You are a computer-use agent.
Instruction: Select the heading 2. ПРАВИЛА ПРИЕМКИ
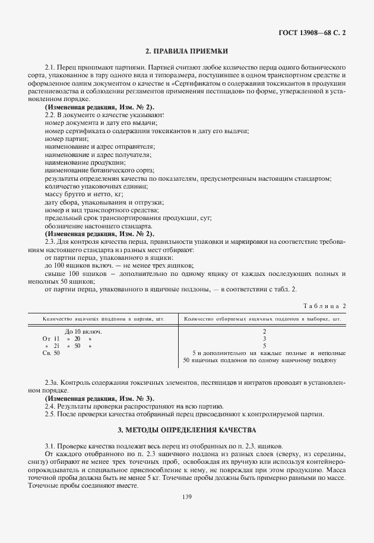(x=187, y=51)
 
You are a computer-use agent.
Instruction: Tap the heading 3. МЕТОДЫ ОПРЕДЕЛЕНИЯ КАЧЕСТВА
(x=187, y=429)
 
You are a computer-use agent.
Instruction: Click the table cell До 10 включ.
(x=83, y=331)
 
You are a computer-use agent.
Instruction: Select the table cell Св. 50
(x=52, y=353)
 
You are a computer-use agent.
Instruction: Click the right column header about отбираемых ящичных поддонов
(x=262, y=319)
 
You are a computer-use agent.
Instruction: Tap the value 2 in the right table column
(x=264, y=331)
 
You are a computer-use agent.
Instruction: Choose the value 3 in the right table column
(x=264, y=338)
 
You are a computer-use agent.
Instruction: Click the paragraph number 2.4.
(x=50, y=406)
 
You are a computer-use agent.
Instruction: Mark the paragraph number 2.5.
(x=50, y=414)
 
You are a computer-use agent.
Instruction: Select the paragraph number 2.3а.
(x=51, y=382)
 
